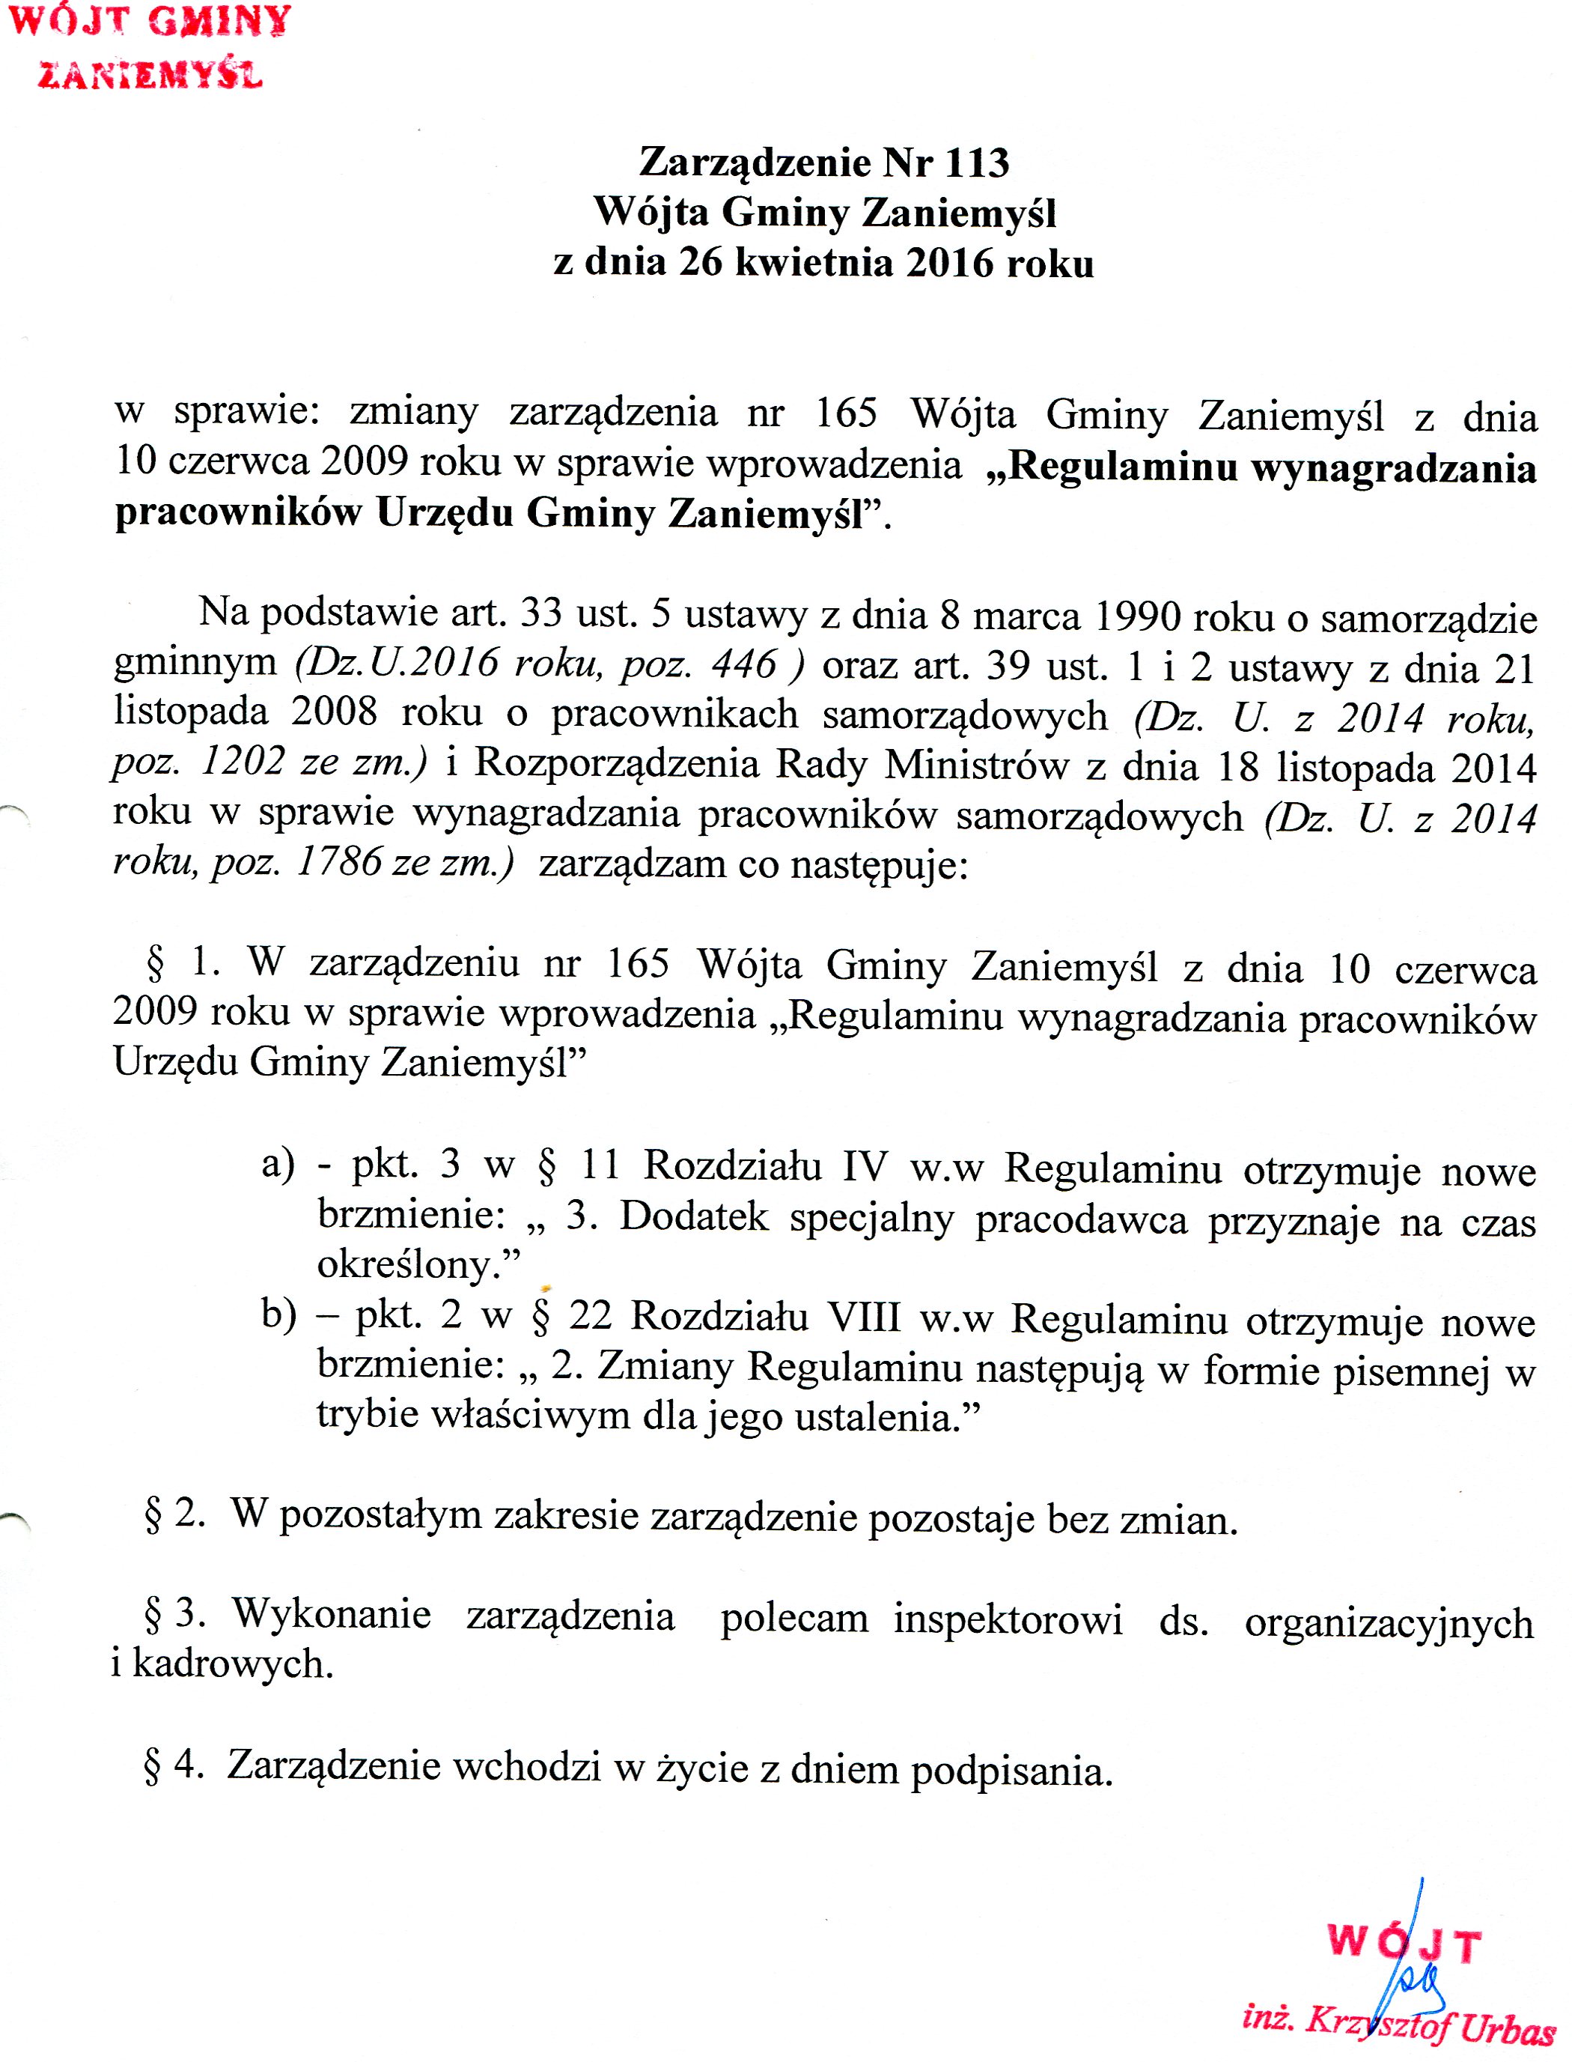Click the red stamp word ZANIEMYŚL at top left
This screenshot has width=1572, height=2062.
(150, 75)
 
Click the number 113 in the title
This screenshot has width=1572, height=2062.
(977, 163)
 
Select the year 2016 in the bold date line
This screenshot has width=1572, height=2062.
(949, 263)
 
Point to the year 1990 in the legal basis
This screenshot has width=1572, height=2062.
(1136, 615)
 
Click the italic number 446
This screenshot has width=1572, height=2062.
(744, 664)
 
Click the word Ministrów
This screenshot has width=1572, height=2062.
(976, 765)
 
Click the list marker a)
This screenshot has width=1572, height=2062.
(278, 1165)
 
